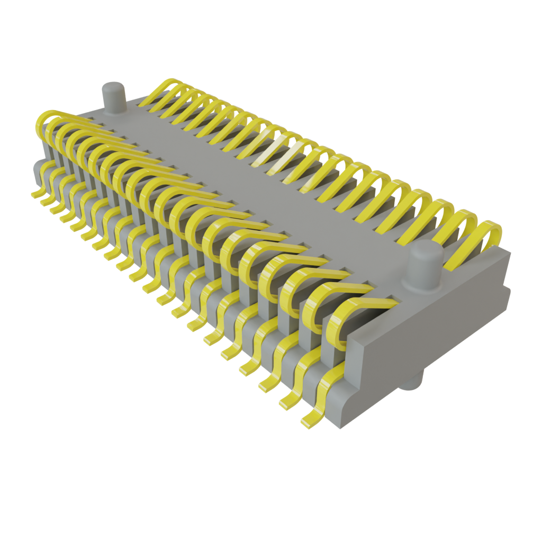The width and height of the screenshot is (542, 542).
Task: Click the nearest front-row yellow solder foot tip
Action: click(308, 423)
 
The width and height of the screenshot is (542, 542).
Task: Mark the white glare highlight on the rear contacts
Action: click(275, 153)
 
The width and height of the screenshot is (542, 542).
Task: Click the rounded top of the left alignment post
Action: click(113, 87)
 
